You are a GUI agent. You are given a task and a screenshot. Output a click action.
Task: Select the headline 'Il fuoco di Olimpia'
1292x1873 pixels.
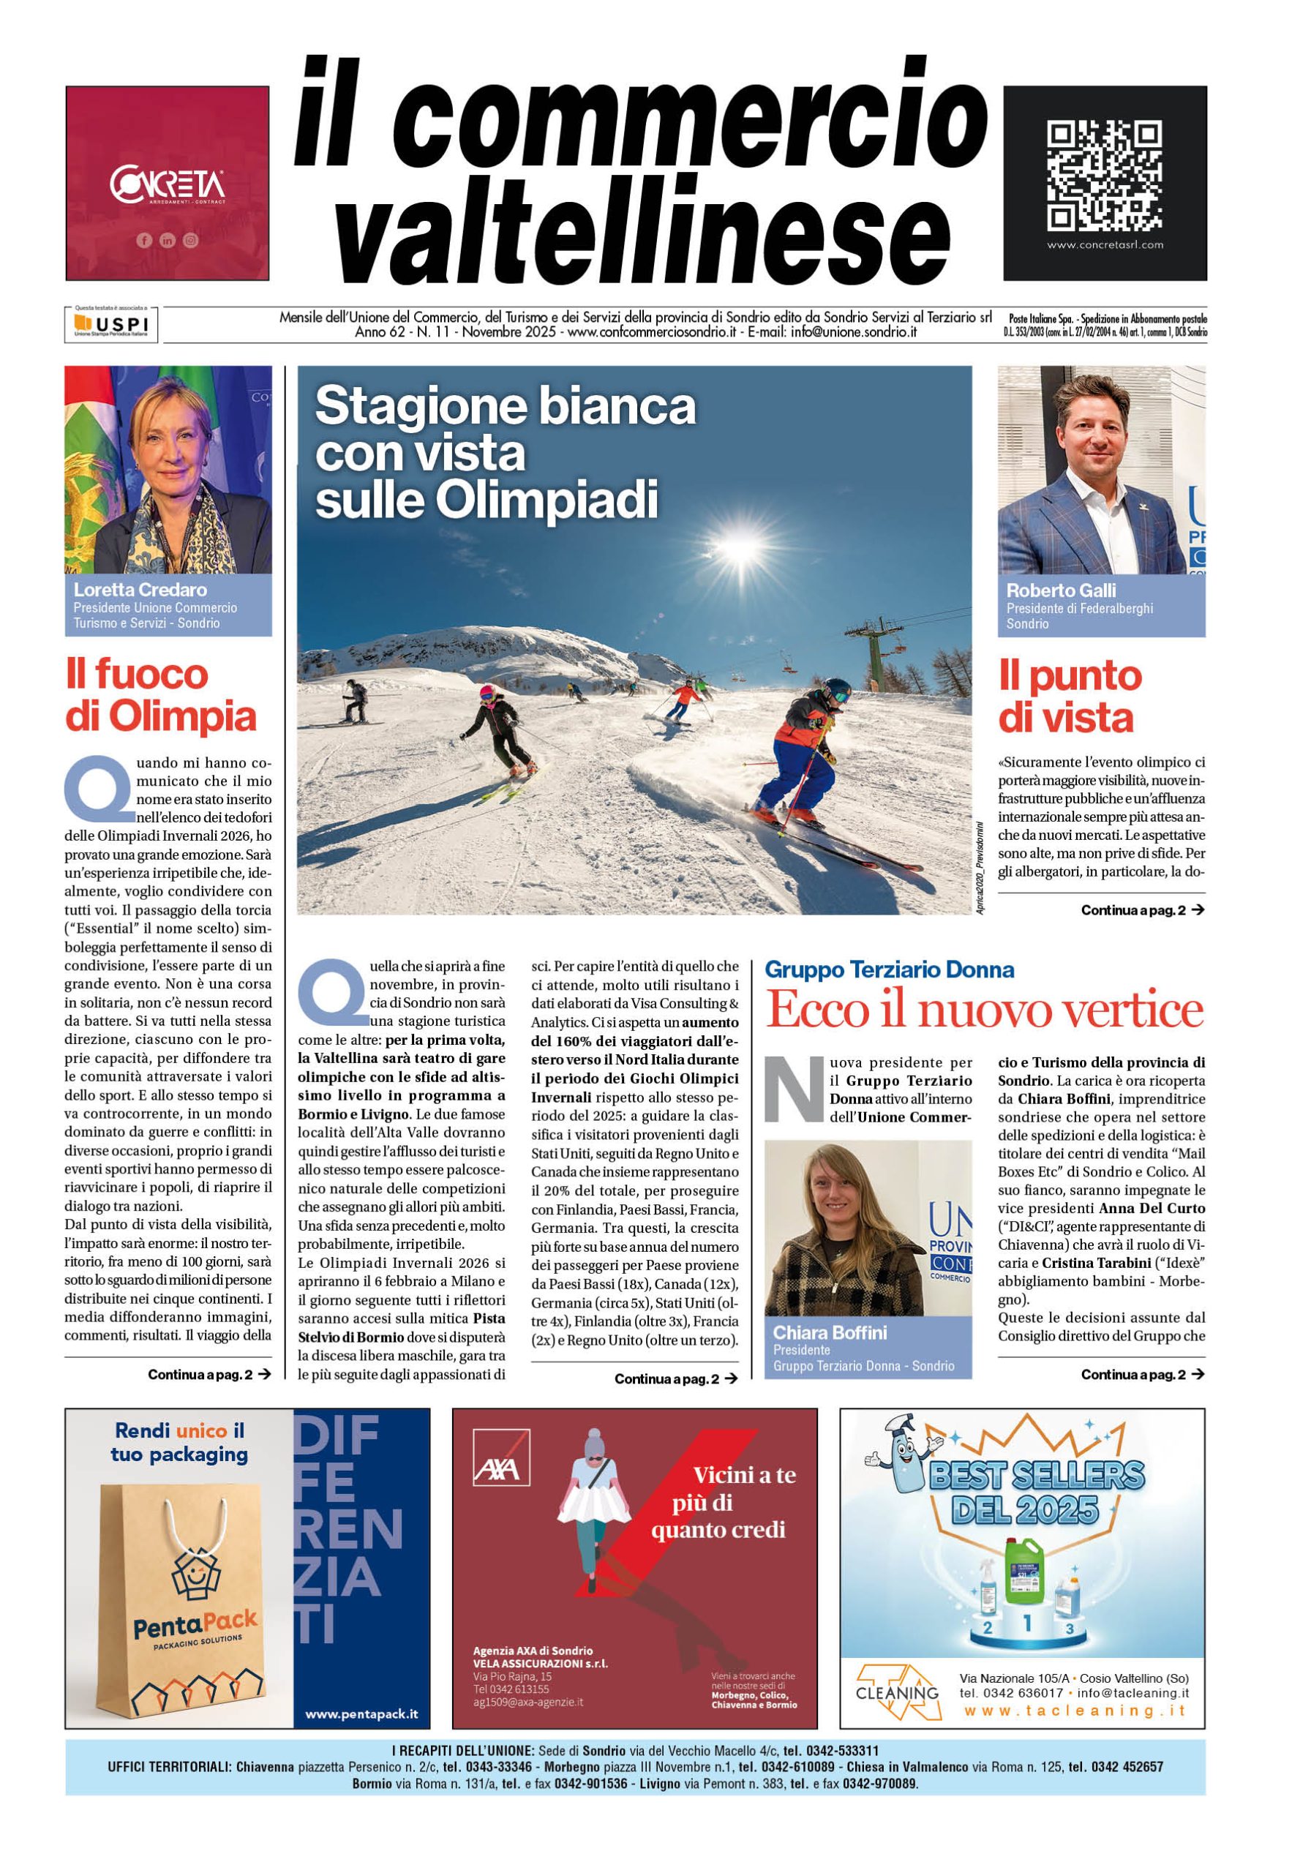pyautogui.click(x=160, y=695)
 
